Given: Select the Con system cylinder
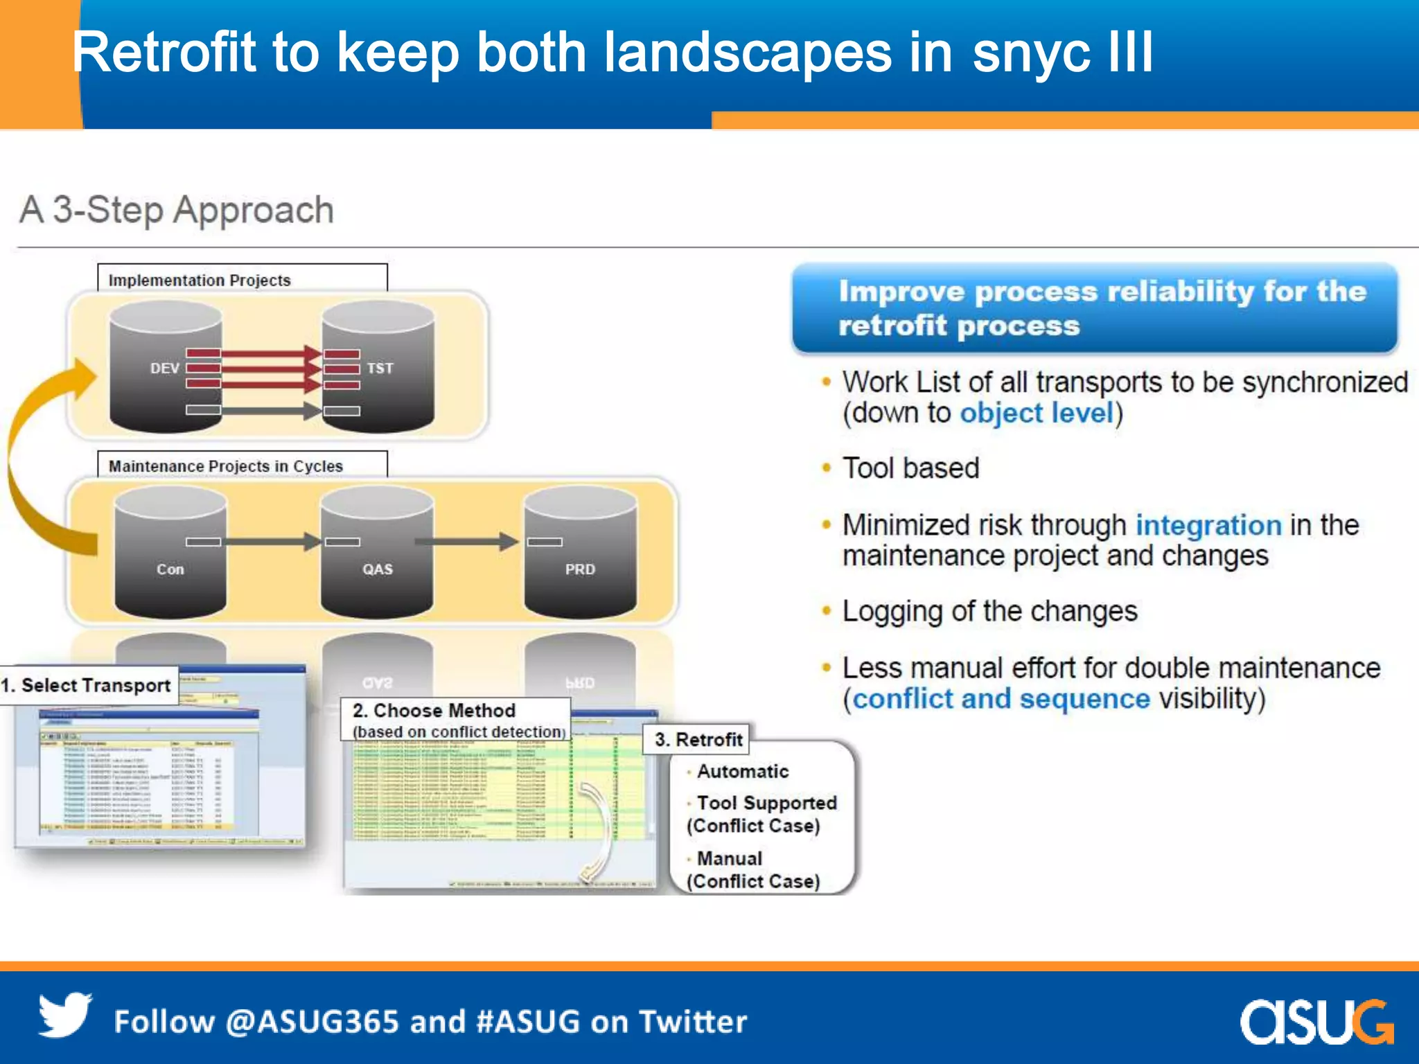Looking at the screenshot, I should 170,554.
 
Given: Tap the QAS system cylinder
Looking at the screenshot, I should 377,554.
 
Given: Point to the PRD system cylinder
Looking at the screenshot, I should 580,554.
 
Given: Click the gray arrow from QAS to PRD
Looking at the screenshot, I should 466,542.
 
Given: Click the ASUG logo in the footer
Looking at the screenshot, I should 1316,1021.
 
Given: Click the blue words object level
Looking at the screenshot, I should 1036,414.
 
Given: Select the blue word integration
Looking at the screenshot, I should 1208,525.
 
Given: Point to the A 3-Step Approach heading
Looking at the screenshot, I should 177,210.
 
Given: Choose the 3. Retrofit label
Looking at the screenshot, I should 698,739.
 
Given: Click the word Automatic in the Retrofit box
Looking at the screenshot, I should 742,771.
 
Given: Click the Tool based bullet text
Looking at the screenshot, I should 910,468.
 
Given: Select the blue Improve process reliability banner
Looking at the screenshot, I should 1095,308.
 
